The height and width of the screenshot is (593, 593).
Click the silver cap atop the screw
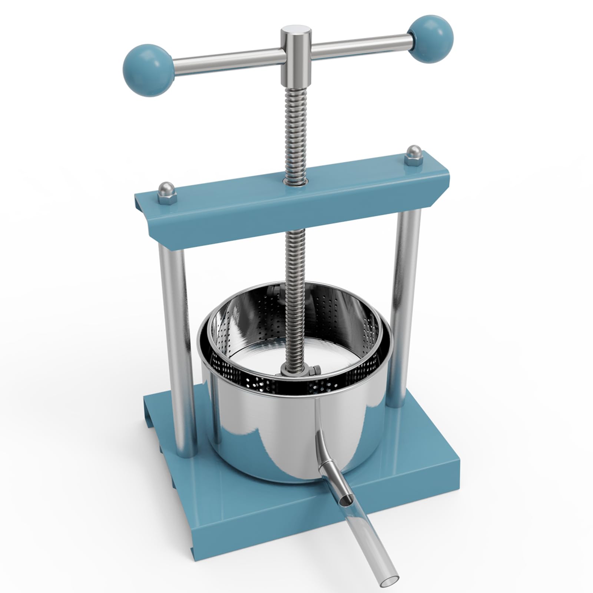point(295,32)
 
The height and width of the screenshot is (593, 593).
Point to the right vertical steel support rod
point(406,296)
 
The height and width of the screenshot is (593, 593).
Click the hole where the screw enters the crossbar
point(295,181)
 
